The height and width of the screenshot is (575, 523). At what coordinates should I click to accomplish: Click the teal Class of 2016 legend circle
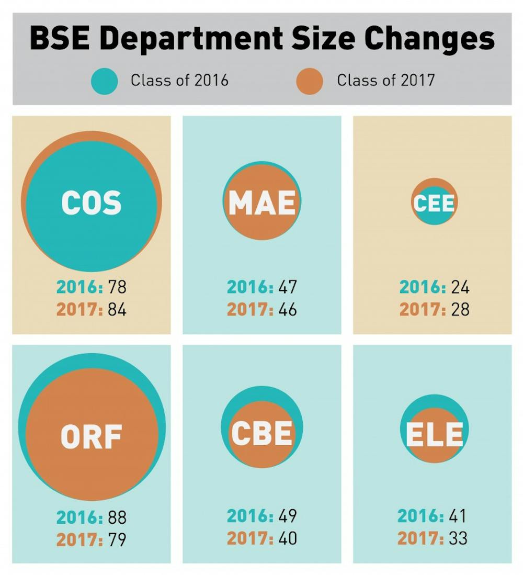[104, 81]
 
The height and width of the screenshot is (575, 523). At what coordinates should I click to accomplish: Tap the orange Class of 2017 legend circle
[309, 81]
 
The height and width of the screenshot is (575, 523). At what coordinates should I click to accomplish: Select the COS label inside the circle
[92, 202]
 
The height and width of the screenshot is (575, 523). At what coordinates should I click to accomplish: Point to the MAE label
[262, 202]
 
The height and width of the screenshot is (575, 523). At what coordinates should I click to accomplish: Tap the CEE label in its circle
[434, 203]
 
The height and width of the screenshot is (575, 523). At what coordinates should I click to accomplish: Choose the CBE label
[262, 433]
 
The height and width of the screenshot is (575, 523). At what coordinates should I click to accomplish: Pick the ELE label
[435, 434]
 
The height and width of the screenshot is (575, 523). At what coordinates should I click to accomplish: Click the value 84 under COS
[117, 309]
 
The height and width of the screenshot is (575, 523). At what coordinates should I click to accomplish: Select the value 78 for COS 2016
[117, 287]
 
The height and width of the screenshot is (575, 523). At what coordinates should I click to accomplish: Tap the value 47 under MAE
[288, 287]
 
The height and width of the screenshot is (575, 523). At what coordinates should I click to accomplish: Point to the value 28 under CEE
[460, 309]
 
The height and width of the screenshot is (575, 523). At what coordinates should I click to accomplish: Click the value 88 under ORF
[117, 517]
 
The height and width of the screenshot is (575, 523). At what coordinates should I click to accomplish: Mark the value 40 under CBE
[288, 538]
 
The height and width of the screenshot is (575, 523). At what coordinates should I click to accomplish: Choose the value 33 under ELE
[458, 538]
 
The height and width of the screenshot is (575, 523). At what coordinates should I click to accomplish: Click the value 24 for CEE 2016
[460, 287]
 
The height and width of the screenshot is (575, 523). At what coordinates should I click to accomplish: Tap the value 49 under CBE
[288, 516]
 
